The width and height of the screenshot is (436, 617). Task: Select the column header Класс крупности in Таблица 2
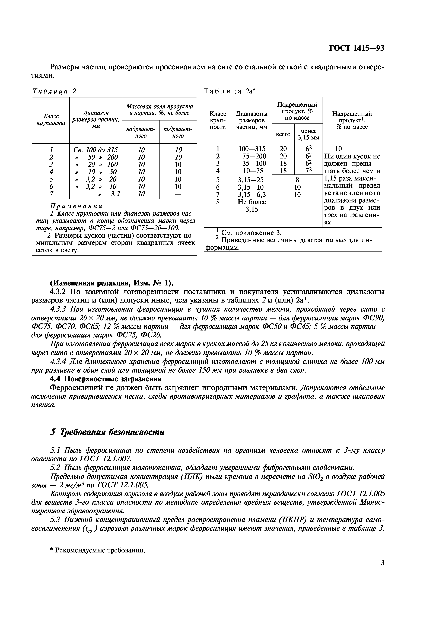[x=51, y=120]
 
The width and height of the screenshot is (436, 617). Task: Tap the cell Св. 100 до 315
[x=96, y=150]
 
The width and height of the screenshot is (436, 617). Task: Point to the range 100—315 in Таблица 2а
[x=252, y=149]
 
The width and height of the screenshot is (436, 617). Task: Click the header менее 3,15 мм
[x=308, y=134]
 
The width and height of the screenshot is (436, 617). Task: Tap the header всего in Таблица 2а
[x=283, y=134]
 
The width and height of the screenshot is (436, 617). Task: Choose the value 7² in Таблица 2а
[x=308, y=171]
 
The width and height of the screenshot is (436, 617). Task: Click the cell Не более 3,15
[x=252, y=206]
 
